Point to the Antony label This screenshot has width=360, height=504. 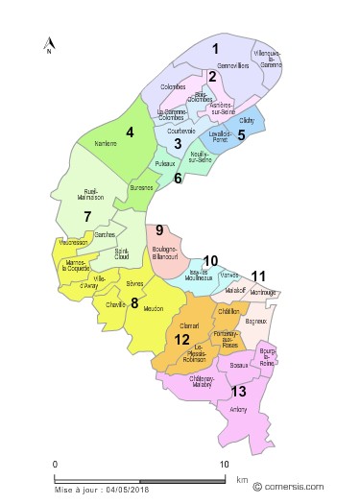(x=237, y=410)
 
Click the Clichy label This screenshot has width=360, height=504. (x=246, y=122)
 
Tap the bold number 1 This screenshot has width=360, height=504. (x=216, y=48)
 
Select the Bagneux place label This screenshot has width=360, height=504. (x=255, y=323)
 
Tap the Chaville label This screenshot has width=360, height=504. (x=117, y=303)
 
